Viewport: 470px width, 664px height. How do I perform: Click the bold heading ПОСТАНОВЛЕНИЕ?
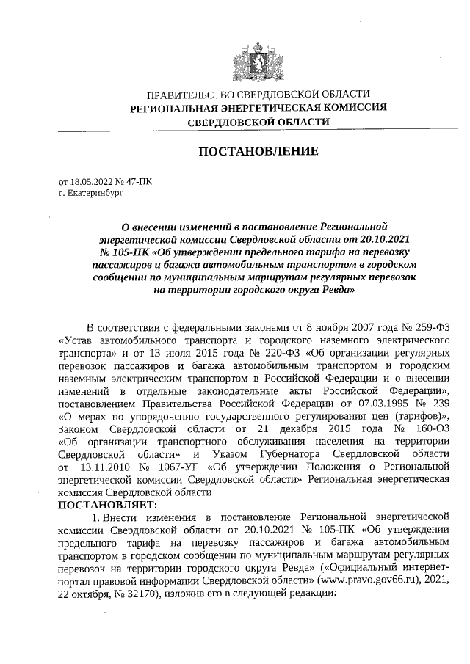click(258, 151)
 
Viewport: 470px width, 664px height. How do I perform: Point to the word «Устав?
click(77, 339)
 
